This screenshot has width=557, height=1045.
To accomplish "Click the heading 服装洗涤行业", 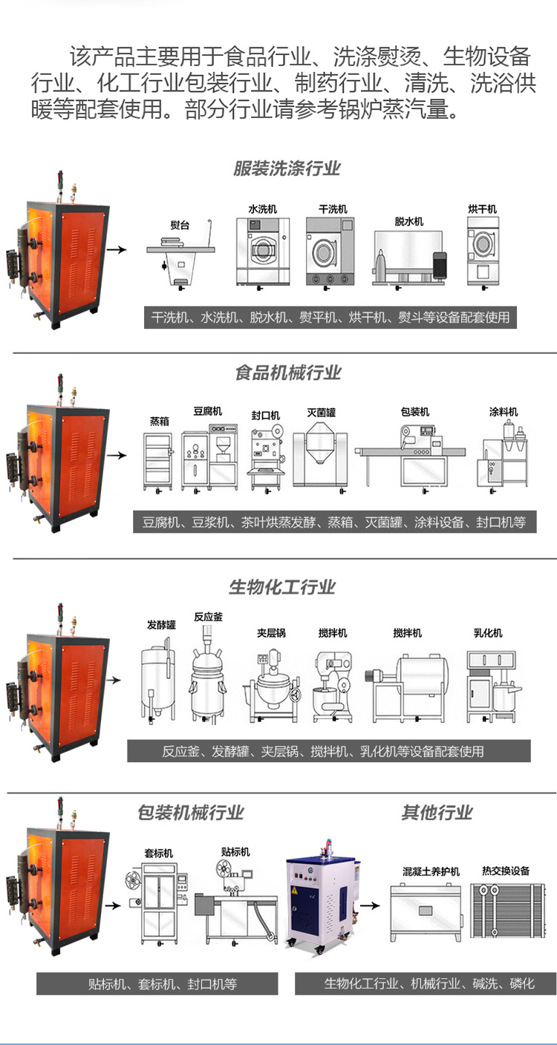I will (287, 168).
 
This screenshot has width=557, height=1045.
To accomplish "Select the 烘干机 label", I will (482, 209).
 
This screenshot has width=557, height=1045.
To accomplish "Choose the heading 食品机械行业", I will (287, 373).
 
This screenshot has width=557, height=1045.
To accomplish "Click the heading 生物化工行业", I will (282, 587).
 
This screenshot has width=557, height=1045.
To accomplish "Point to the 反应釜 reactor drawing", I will (208, 672).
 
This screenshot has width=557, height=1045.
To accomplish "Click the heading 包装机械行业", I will (191, 813).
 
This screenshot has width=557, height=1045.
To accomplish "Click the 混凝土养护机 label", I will (431, 871).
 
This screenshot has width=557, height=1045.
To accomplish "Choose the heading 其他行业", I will (437, 813).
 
